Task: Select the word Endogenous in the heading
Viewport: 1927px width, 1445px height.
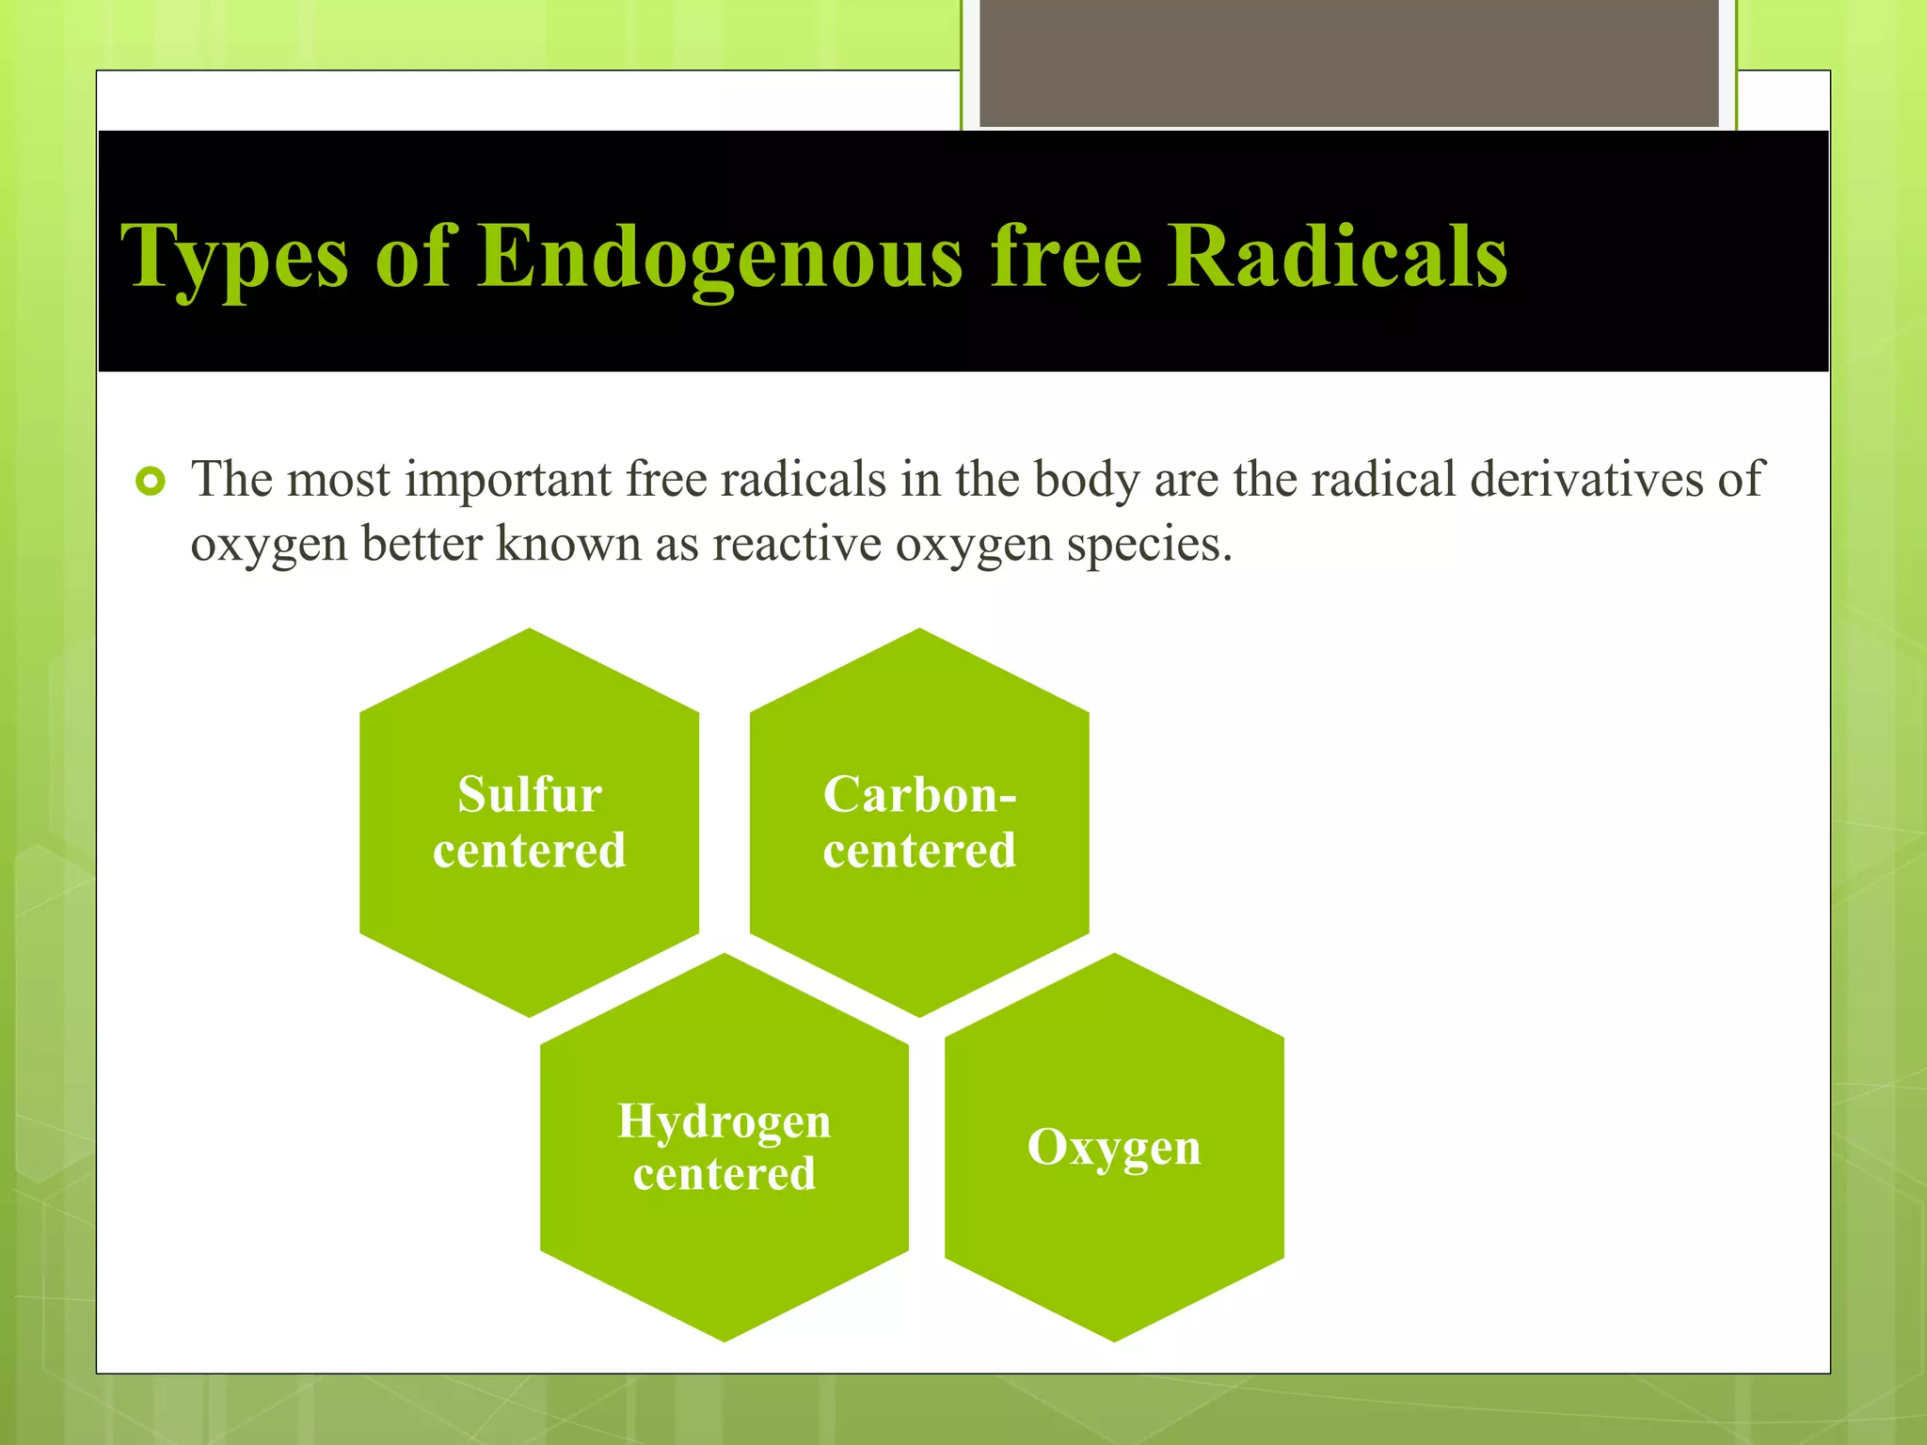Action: [x=720, y=256]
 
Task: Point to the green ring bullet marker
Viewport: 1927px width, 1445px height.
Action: [x=151, y=483]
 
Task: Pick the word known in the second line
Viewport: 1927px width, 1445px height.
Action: [x=568, y=544]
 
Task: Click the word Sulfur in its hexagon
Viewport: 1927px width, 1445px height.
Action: [x=530, y=795]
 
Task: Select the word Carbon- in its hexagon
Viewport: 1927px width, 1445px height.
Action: [x=919, y=795]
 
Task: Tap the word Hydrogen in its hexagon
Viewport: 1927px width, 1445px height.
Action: [x=724, y=1121]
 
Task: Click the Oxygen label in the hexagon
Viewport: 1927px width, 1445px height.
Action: [x=1114, y=1148]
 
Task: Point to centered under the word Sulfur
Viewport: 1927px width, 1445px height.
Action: [x=530, y=850]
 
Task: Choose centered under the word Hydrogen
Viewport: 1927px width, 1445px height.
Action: [x=724, y=1174]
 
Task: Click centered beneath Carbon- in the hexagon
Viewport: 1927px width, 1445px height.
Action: [x=919, y=850]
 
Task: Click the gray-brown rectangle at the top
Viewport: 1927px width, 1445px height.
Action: [x=1348, y=62]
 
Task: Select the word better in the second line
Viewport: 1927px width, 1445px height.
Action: [x=422, y=544]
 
